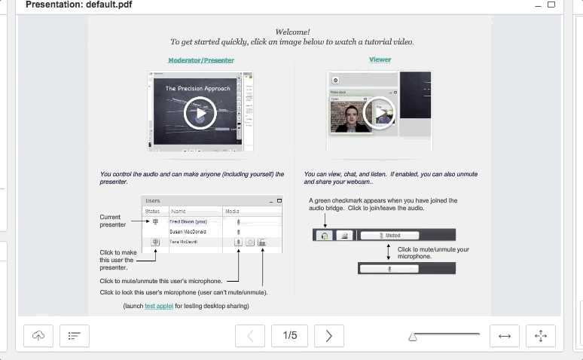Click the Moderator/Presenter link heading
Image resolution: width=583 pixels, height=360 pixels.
pos(201,60)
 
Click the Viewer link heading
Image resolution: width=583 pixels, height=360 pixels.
pos(380,59)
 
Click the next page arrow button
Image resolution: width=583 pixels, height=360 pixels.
pos(329,336)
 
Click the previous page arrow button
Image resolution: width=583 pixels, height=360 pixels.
pos(251,336)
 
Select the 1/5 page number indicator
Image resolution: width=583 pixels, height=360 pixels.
pos(290,336)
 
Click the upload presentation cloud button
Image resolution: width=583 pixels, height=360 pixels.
pos(38,336)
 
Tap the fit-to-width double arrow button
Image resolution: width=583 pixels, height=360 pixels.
pos(505,336)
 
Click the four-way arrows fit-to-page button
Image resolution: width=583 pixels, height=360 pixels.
pos(540,336)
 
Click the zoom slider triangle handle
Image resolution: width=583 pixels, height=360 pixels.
pos(413,338)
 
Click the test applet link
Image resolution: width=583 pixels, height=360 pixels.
pos(159,306)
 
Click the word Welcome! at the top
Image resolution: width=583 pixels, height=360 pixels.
pos(292,32)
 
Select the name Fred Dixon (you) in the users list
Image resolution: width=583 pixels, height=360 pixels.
pos(188,222)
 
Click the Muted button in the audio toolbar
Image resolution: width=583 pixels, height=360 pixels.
pos(392,236)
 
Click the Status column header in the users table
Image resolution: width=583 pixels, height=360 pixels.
pos(152,212)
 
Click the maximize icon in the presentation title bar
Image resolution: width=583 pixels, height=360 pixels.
pos(551,5)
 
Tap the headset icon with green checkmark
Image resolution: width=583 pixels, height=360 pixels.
pos(325,236)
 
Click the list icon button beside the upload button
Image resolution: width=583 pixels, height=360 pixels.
pos(75,336)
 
